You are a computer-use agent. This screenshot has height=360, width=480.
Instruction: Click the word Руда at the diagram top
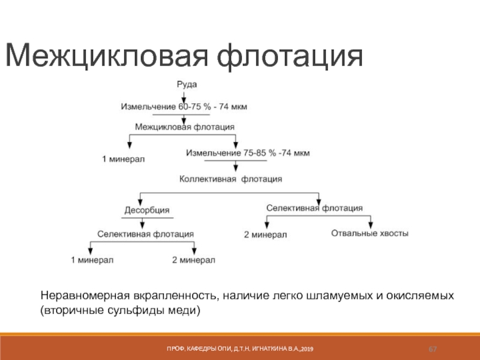coord(187,85)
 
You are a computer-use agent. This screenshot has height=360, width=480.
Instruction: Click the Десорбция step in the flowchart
coord(146,211)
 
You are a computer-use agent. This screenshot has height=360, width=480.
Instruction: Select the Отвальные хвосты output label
coord(370,233)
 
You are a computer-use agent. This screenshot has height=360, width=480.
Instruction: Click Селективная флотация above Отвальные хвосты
coord(314,208)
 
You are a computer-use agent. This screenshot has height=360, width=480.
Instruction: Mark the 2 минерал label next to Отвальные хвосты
coord(266,234)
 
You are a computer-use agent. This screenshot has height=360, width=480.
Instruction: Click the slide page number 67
coord(432,349)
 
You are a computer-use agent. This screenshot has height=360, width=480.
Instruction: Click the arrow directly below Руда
coord(184,95)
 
